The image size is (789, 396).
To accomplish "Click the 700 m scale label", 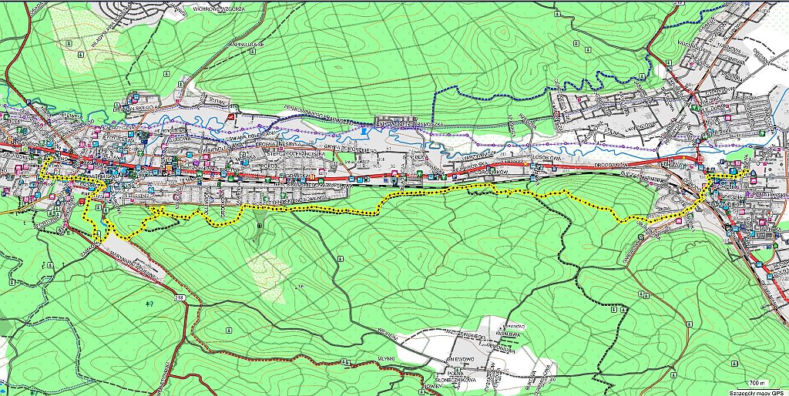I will click(759, 382).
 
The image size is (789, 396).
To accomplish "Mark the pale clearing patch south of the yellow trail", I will click(270, 274).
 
